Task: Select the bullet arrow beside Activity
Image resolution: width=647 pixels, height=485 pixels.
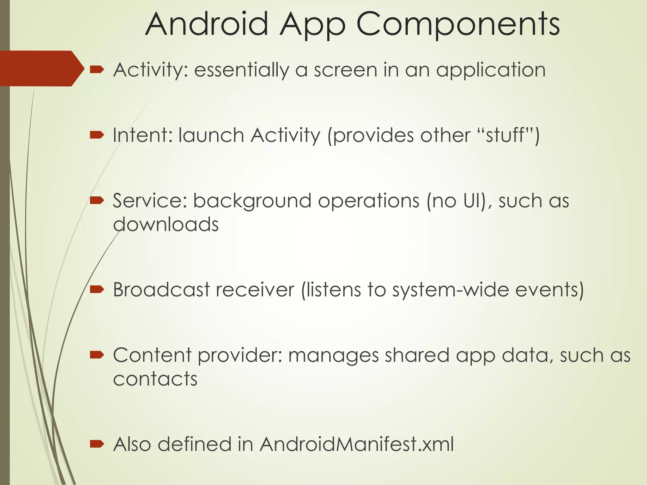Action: point(97,69)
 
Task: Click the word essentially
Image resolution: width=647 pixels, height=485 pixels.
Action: point(241,70)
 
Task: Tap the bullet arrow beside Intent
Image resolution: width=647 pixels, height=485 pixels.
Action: point(97,135)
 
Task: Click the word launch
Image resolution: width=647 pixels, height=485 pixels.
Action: point(211,135)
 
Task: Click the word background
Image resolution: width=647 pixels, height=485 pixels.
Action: point(252,201)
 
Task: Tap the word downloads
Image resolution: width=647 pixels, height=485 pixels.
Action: point(166,225)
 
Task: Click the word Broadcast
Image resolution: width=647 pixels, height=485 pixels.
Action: point(161,290)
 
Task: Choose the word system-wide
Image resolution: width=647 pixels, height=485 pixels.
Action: point(450,290)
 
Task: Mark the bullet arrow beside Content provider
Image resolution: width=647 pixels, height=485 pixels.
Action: point(97,355)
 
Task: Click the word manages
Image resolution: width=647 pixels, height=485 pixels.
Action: point(333,356)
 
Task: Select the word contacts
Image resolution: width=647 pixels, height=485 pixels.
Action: point(155,379)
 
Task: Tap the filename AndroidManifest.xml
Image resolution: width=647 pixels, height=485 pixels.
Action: point(357,444)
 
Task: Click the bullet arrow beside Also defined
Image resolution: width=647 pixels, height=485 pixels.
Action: point(97,444)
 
